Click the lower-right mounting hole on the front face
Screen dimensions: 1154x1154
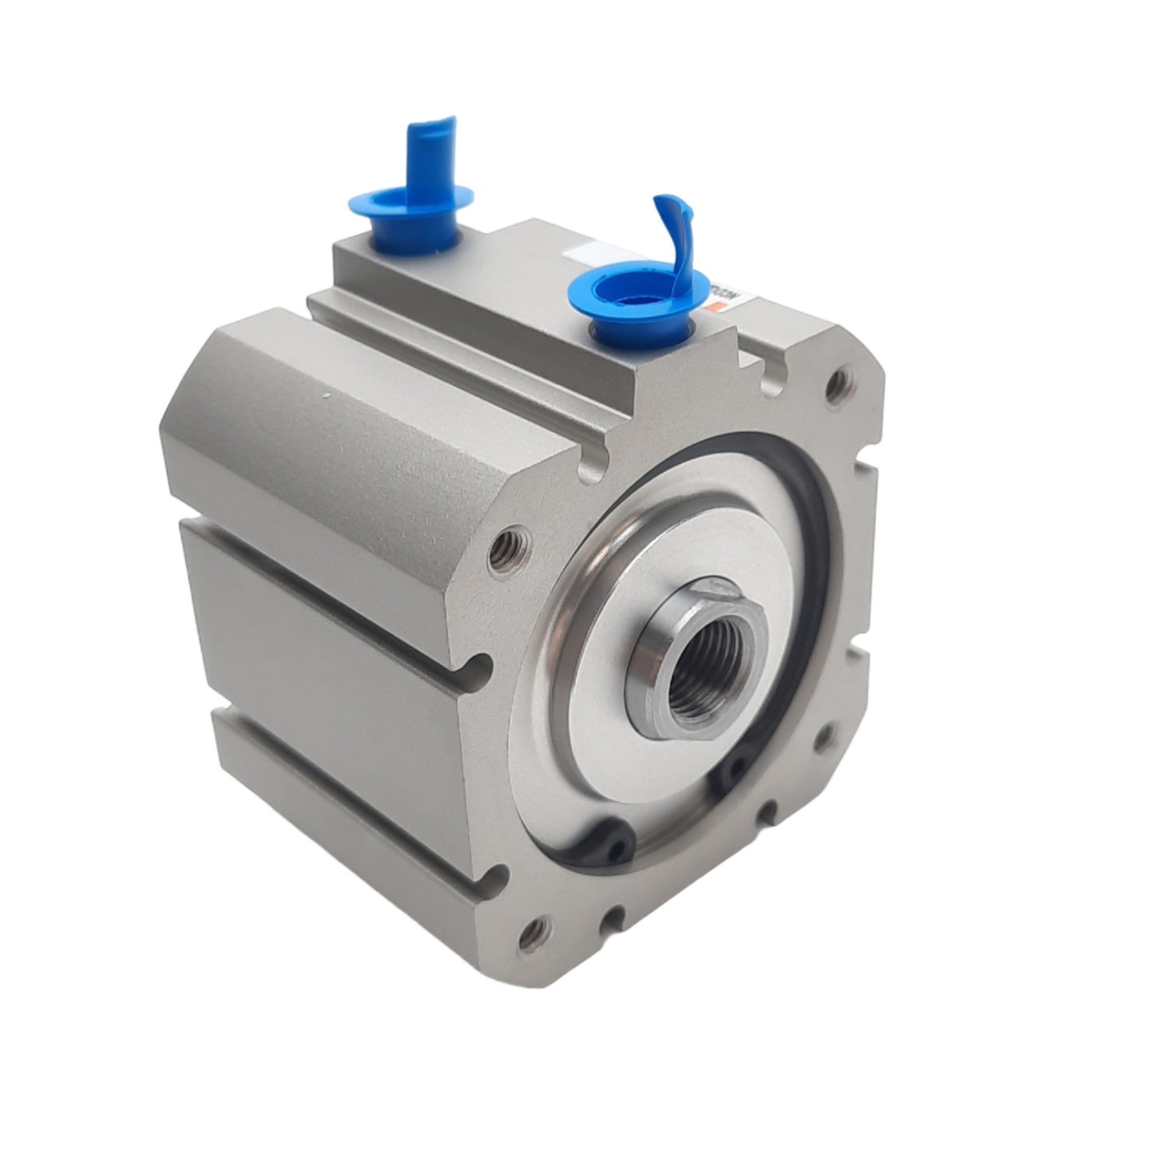819,741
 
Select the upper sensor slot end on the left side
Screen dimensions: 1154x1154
478,664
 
